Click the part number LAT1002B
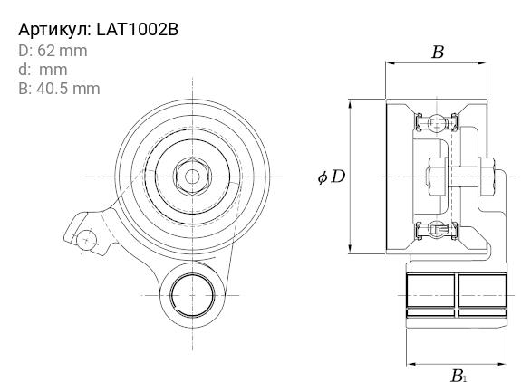[137, 29]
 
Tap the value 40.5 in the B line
[51, 89]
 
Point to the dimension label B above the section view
[438, 53]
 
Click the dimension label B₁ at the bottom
[458, 376]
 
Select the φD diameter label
[332, 177]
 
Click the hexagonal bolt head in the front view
[192, 177]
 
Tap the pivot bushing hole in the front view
[192, 295]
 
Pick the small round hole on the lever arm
[86, 240]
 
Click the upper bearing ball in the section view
[436, 123]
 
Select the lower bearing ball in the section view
[436, 229]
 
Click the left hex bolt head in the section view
[437, 177]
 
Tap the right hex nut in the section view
[487, 177]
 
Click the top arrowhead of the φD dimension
[350, 105]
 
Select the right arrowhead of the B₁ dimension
[501, 364]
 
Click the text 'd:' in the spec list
[24, 70]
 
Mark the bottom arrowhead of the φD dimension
[350, 248]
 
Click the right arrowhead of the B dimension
[481, 62]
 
